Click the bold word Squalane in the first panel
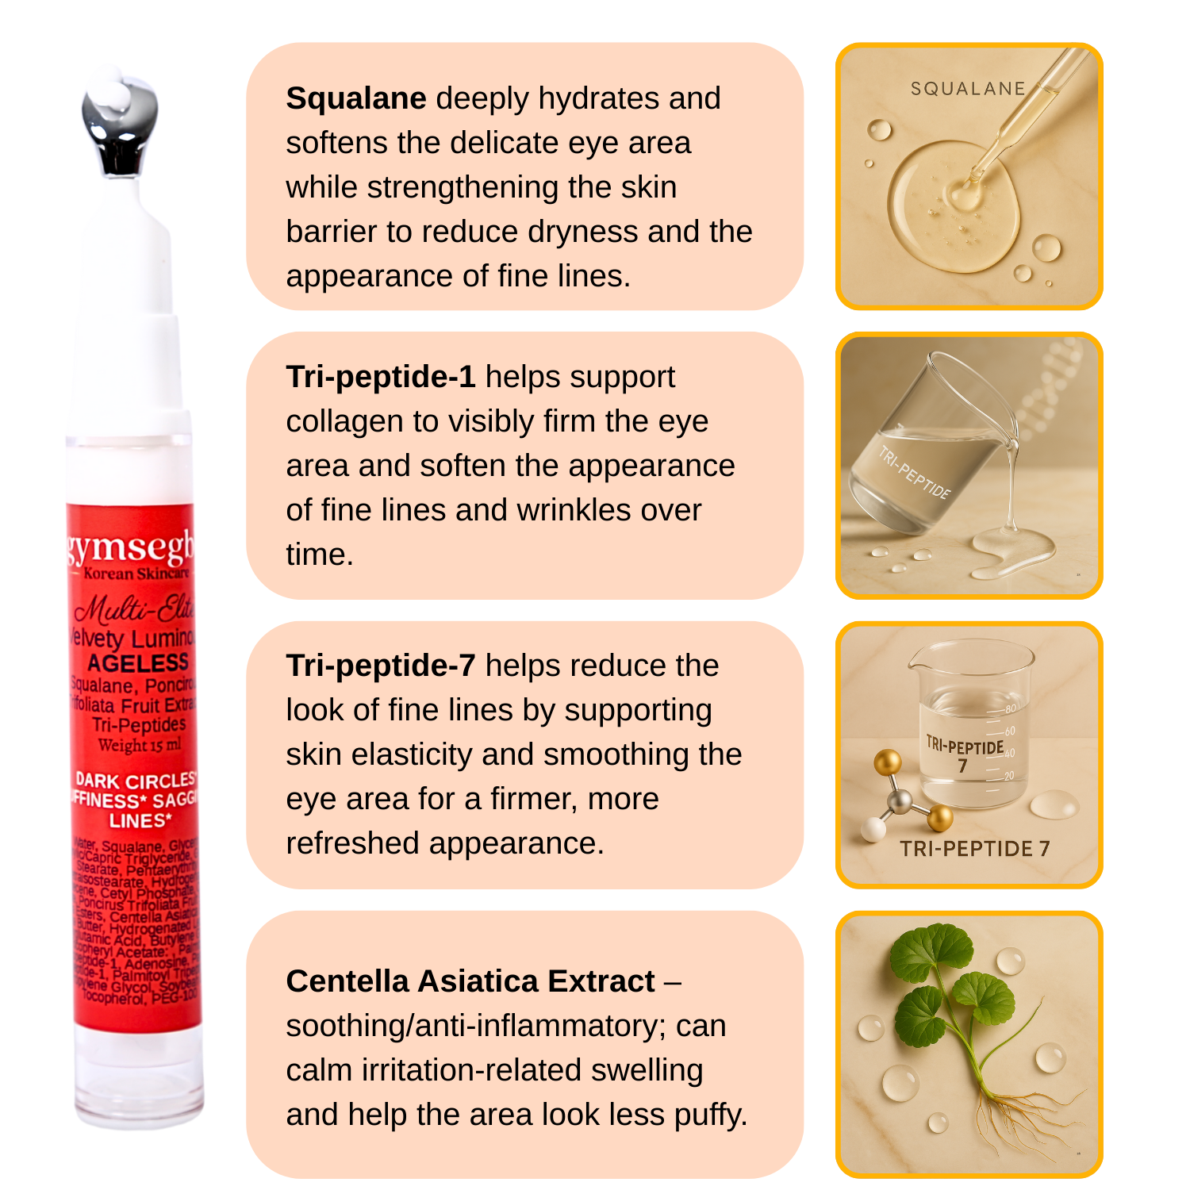point(356,99)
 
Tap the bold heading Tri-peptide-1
point(381,378)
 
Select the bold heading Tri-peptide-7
point(381,666)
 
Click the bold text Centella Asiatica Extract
point(470,982)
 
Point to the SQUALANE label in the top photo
point(968,89)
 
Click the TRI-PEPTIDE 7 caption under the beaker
point(974,849)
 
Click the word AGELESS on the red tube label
point(138,663)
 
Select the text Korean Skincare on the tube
point(136,574)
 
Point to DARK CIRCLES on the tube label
point(135,781)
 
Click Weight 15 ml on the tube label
point(140,745)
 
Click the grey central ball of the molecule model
point(899,801)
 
